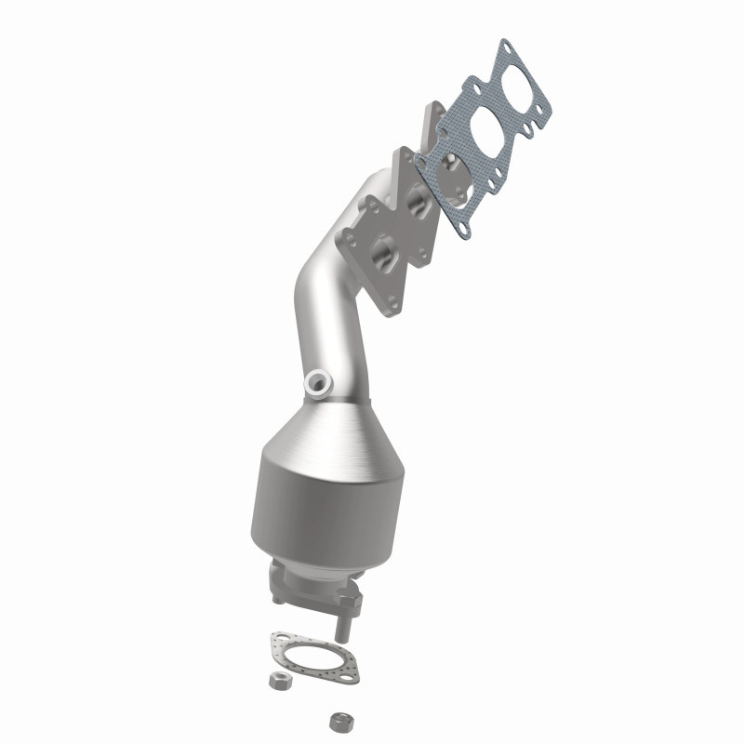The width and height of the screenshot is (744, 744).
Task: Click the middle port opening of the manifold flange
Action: click(417, 201)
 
